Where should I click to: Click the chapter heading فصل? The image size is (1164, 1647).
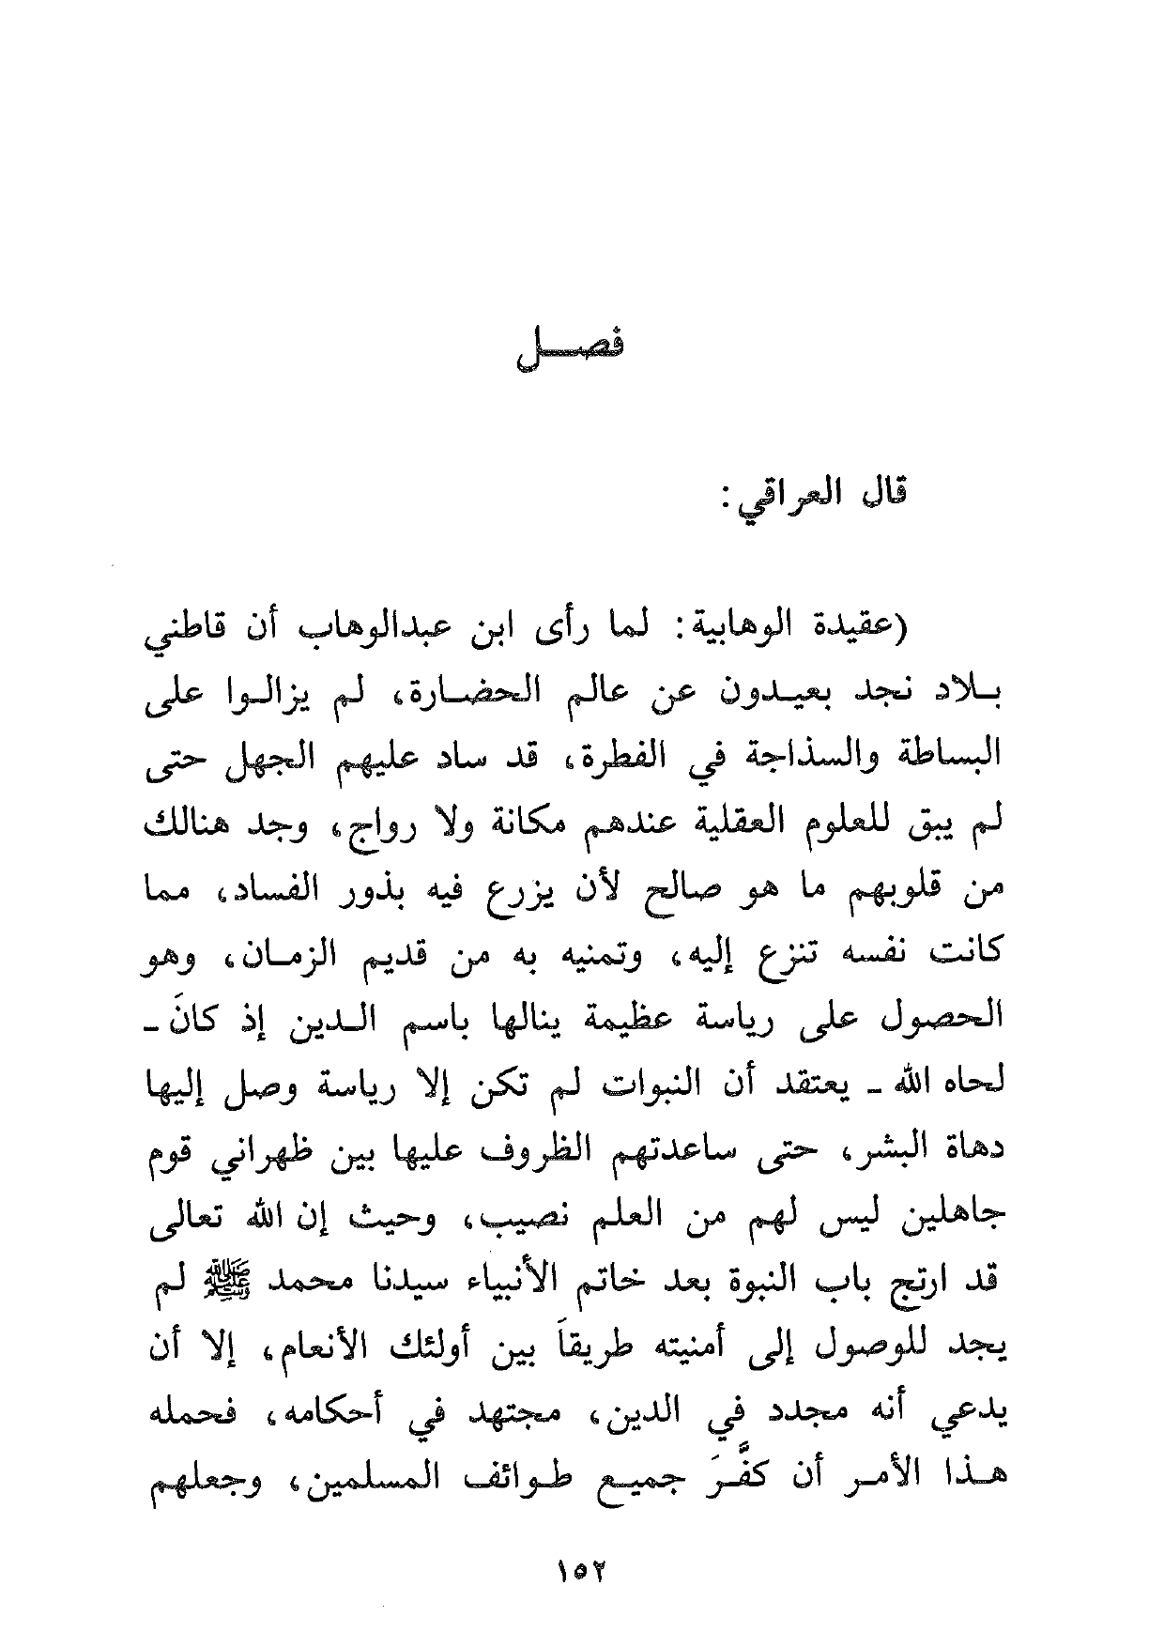click(x=572, y=354)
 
